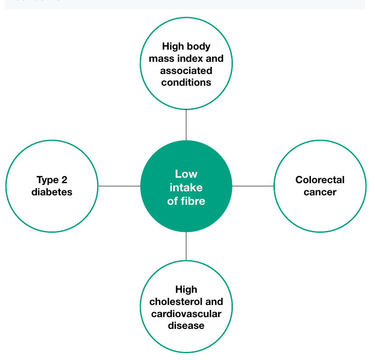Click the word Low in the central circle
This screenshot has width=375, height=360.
186,174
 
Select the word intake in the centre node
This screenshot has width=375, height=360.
186,187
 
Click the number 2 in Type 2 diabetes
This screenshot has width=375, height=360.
65,180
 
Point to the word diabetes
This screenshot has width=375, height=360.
51,192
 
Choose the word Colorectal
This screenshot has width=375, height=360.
320,180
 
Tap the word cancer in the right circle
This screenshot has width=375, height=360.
320,192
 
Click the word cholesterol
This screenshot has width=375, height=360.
176,302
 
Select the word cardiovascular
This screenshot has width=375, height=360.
186,314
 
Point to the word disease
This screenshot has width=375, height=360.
186,326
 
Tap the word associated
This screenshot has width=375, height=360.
186,71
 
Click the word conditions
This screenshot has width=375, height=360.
186,83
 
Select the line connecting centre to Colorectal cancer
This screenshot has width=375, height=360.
253,186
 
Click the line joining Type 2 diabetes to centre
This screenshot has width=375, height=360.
119,186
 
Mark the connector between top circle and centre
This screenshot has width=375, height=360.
186,125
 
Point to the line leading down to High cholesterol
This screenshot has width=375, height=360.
186,246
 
